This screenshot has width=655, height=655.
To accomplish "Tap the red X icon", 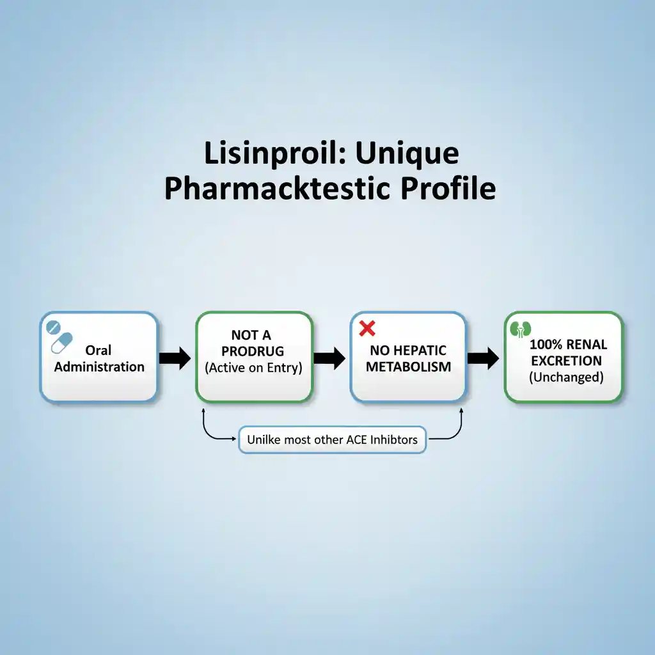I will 367,329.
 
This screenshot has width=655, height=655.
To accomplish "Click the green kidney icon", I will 523,329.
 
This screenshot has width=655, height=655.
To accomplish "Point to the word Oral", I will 99,350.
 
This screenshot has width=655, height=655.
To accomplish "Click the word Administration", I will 99,367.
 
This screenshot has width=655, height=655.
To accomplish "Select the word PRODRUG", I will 253,352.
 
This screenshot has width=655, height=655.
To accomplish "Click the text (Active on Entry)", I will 253,368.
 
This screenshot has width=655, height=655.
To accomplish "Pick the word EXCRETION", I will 565,361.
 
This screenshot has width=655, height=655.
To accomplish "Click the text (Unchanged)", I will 565,377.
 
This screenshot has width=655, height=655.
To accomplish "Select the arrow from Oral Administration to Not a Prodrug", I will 175,358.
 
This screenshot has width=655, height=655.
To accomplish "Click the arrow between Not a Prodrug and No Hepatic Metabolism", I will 330,358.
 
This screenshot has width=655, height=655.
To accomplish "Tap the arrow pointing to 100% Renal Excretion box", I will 484,358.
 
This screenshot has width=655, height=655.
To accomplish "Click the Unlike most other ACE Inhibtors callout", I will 332,439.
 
